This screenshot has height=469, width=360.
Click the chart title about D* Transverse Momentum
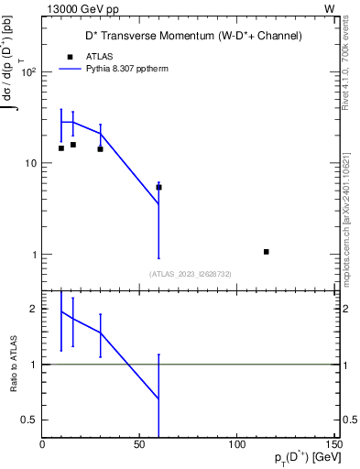pyautogui.click(x=188, y=36)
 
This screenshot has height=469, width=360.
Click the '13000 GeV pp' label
pyautogui.click(x=80, y=8)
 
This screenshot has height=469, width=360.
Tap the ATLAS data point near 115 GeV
pyautogui.click(x=266, y=252)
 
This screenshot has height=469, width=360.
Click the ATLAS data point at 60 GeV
pyautogui.click(x=158, y=187)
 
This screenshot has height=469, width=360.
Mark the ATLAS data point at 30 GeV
pyautogui.click(x=100, y=148)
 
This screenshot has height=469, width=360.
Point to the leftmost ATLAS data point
pyautogui.click(x=61, y=147)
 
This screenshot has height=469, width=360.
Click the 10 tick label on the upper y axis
pyautogui.click(x=30, y=163)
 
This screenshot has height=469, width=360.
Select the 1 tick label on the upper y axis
pyautogui.click(x=34, y=255)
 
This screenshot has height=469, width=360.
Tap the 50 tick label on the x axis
pyautogui.click(x=139, y=444)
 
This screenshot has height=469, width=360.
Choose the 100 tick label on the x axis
pyautogui.click(x=237, y=444)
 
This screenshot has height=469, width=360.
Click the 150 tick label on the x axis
pyautogui.click(x=333, y=444)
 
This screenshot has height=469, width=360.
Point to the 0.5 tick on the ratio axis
pyautogui.click(x=29, y=420)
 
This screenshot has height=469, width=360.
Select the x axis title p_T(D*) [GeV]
pyautogui.click(x=300, y=458)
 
